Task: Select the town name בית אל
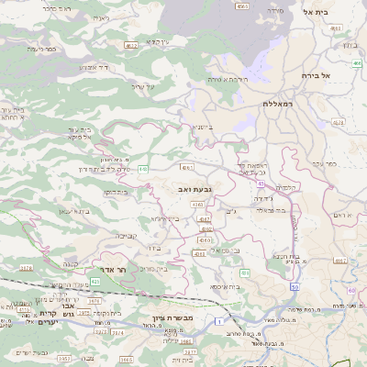pos(339,12)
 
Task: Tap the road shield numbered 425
pos(95,281)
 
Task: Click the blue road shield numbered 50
pos(295,288)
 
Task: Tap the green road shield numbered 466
pos(354,63)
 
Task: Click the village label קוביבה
pos(126,235)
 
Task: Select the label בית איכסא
pos(225,286)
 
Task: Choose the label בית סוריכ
pos(158,268)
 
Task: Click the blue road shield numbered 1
pos(219,322)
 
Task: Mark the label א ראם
pos(343,214)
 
